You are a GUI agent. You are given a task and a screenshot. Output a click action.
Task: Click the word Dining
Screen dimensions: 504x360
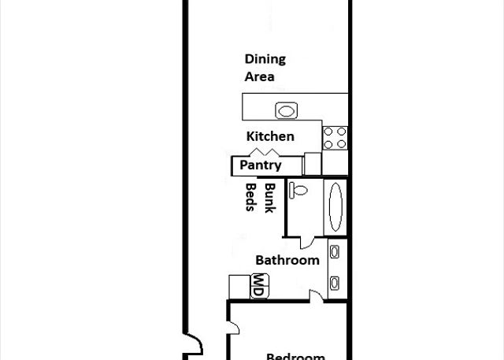265,60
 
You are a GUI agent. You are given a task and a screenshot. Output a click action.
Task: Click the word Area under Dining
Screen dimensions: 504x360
259,77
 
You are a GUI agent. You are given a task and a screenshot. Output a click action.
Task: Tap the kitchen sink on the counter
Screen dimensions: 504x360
286,111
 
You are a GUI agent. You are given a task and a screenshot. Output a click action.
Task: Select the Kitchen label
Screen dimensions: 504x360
270,136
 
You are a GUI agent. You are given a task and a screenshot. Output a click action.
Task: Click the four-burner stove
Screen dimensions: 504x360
335,138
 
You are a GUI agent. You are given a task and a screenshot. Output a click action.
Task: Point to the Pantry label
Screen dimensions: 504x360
261,165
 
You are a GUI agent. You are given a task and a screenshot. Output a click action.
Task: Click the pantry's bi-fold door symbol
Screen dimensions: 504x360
265,152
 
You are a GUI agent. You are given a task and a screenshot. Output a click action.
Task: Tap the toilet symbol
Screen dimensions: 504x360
298,190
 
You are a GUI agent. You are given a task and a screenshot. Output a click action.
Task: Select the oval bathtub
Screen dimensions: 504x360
336,207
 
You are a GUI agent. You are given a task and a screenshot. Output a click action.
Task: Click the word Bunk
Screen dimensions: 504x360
270,198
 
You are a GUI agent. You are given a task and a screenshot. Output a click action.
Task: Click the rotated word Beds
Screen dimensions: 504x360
251,197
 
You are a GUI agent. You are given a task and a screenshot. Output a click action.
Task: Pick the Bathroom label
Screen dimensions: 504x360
287,261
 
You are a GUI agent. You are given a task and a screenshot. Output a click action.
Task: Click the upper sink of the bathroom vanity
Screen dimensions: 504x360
335,252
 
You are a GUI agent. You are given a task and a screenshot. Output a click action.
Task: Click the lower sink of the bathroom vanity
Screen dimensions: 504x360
334,284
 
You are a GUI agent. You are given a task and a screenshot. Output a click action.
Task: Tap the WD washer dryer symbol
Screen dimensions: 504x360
260,286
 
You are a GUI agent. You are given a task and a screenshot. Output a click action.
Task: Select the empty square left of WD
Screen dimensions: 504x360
239,287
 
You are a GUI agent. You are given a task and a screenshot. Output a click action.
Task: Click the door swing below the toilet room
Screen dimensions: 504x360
308,243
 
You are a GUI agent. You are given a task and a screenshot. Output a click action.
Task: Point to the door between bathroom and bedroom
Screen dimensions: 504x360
317,295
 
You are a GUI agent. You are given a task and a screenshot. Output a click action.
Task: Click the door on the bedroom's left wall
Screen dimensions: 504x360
233,328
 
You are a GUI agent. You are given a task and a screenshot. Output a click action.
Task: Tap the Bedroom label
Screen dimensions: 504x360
296,357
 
